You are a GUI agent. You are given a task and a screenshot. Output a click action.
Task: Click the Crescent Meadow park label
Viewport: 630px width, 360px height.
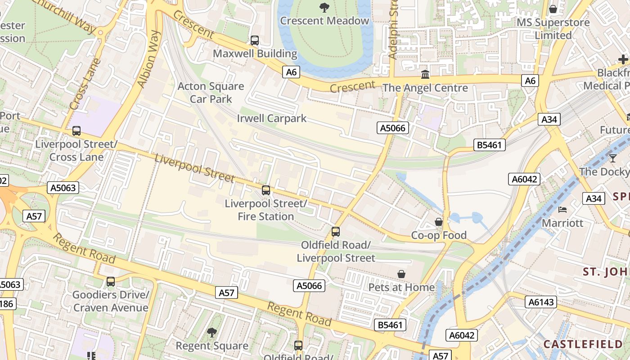[x=324, y=21]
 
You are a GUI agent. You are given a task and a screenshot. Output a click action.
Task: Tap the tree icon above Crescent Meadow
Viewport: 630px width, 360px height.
[x=324, y=7]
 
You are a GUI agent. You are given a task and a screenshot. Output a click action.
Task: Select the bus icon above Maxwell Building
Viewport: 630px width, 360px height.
[x=255, y=40]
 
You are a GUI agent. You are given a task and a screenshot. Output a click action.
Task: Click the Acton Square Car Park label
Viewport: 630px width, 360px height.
[x=211, y=93]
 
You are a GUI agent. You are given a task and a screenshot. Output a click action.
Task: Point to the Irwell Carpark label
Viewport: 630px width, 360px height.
[x=271, y=118]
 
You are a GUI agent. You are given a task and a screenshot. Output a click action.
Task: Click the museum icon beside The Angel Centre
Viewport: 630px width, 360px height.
[x=425, y=74]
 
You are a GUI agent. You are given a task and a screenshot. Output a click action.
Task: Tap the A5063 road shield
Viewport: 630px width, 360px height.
[x=63, y=188]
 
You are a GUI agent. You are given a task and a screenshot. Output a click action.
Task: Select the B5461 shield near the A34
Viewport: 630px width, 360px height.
[x=490, y=145]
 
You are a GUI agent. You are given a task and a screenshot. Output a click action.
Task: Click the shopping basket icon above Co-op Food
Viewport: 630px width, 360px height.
[x=438, y=222]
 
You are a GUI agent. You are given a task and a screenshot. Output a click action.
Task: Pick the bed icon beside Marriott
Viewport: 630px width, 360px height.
[x=562, y=210]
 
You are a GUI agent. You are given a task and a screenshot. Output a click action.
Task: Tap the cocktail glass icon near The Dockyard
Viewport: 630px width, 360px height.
[x=612, y=158]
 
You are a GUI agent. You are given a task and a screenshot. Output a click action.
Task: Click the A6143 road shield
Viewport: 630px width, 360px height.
[x=540, y=302]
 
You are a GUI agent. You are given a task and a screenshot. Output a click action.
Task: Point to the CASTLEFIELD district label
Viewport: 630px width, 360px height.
[x=583, y=344]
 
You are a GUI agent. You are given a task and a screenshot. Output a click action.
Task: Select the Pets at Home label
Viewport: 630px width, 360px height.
[x=401, y=287]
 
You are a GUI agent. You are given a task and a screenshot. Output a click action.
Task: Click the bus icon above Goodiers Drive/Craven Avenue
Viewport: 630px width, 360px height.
[x=111, y=282]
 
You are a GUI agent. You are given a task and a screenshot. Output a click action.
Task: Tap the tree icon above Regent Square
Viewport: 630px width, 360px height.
[x=211, y=333]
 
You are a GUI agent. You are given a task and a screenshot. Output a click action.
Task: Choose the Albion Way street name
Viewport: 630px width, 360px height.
[x=149, y=59]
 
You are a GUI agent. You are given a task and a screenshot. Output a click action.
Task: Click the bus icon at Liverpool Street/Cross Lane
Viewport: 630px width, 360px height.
[x=76, y=131]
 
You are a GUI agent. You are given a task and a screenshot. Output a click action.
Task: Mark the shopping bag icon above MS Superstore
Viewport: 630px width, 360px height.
[x=553, y=9]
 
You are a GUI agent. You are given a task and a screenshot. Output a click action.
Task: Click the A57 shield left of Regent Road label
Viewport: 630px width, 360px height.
[x=226, y=293]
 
